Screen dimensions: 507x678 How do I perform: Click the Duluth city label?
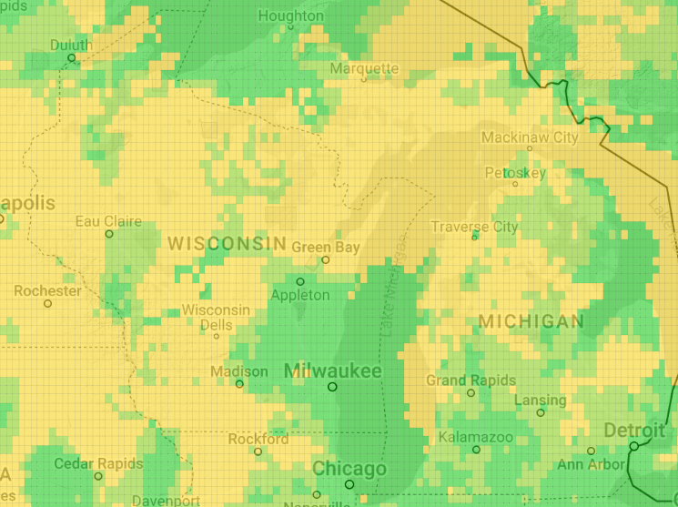click(x=71, y=45)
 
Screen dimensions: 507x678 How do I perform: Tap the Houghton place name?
click(x=290, y=15)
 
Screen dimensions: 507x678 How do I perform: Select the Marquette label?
click(x=364, y=68)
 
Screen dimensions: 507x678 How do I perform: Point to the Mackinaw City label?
click(x=530, y=137)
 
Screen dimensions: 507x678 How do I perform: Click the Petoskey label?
click(x=515, y=172)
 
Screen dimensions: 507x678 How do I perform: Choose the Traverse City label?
click(x=474, y=227)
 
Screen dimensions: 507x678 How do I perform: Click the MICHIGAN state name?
click(x=531, y=321)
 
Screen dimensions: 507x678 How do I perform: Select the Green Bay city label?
click(x=326, y=247)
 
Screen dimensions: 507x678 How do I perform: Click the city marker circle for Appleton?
click(x=300, y=281)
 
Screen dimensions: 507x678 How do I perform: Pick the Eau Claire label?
click(x=108, y=221)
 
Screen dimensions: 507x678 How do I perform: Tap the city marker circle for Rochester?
click(x=47, y=303)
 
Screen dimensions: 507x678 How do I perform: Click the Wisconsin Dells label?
click(x=216, y=317)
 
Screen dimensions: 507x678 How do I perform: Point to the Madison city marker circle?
click(x=240, y=384)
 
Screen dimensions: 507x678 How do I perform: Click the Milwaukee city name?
click(x=333, y=370)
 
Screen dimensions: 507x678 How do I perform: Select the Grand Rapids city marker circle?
click(x=471, y=393)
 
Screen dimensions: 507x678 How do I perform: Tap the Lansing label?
click(x=541, y=400)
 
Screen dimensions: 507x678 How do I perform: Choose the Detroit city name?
click(x=633, y=430)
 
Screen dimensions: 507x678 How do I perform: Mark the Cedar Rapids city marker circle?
click(x=98, y=476)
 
